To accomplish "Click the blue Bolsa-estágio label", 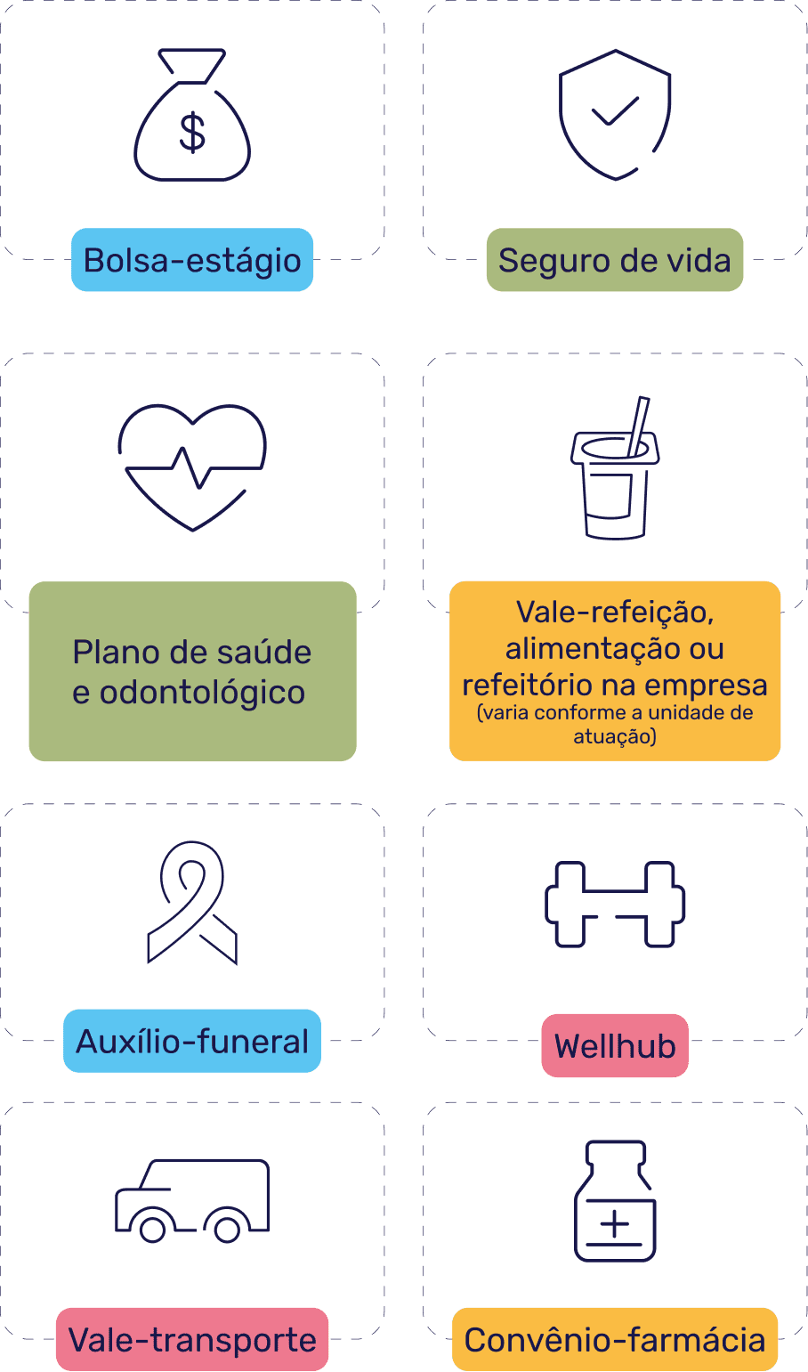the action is tap(192, 260).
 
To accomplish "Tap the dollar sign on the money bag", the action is tap(192, 133).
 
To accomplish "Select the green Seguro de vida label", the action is tap(615, 260).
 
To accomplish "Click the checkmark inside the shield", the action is tap(615, 111).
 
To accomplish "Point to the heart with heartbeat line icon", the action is tap(192, 467).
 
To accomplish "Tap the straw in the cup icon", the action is tap(638, 426).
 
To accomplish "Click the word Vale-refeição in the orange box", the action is tap(615, 613).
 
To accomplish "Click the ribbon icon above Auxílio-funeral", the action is tap(192, 902).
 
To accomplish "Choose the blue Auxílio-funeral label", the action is tap(192, 1042).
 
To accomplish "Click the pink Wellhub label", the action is tap(615, 1045).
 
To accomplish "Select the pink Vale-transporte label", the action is tap(192, 1340).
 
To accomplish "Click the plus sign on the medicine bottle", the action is tap(615, 1225).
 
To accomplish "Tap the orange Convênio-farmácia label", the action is tap(615, 1340).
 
